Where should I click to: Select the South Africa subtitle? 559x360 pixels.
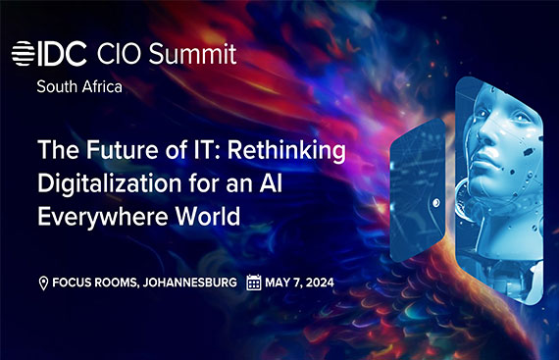(81, 86)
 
